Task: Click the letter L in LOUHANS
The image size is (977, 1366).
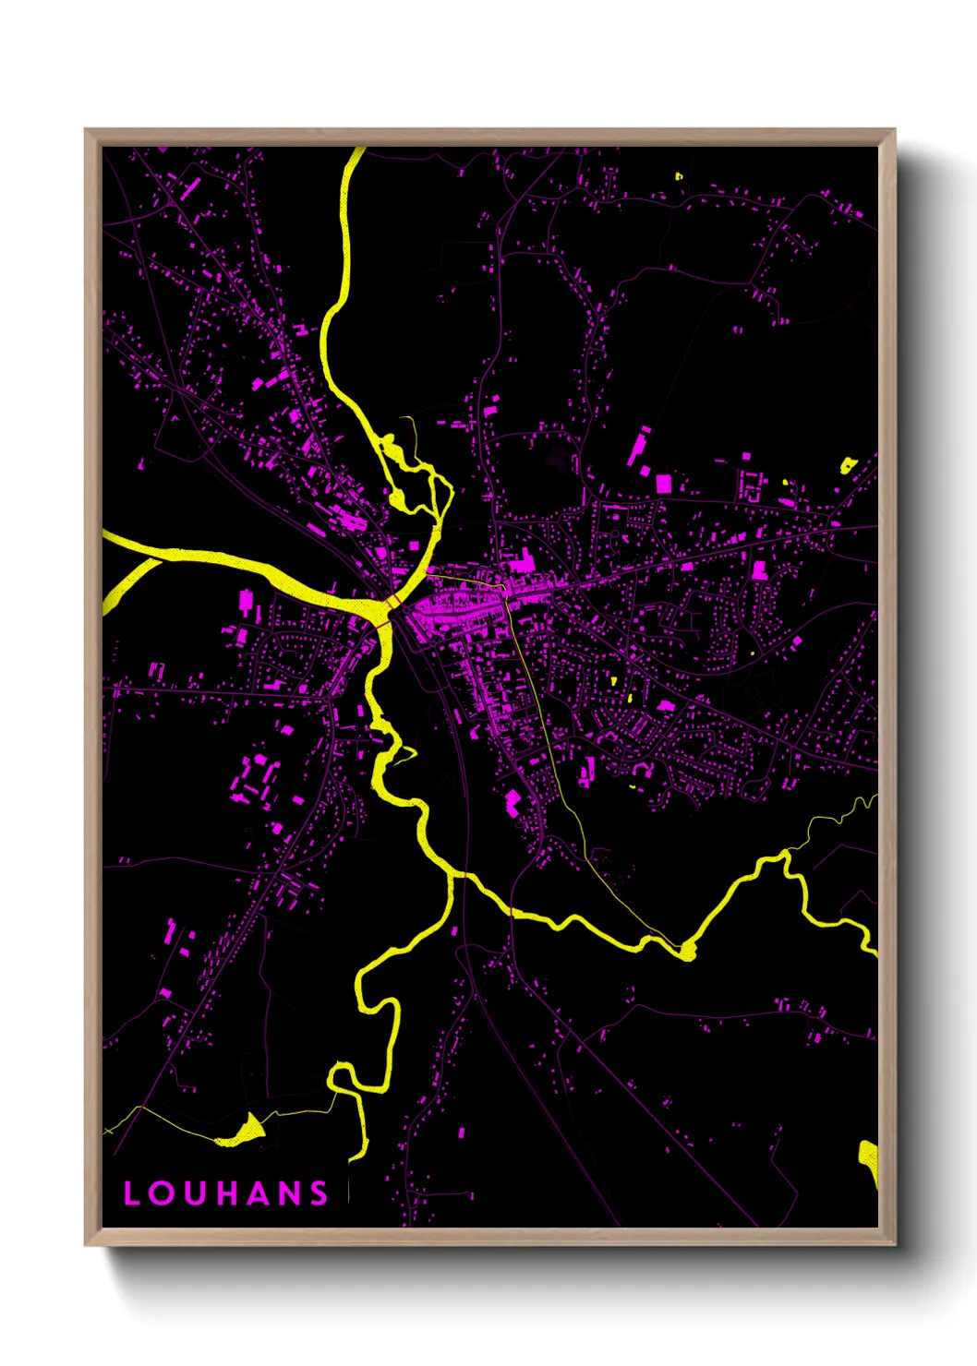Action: click(131, 1193)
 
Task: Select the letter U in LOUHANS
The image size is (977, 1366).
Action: click(193, 1193)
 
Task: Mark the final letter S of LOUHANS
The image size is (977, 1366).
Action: click(319, 1193)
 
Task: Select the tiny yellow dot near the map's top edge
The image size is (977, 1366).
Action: click(679, 175)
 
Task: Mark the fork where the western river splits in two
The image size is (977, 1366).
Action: click(159, 557)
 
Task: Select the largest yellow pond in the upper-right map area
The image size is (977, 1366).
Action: click(847, 464)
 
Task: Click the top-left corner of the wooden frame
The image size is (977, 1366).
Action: click(87, 131)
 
